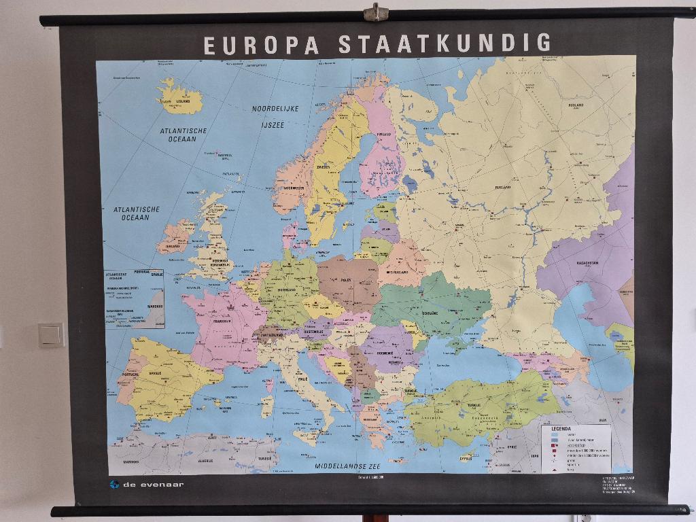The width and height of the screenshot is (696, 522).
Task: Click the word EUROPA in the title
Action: pyautogui.click(x=261, y=44)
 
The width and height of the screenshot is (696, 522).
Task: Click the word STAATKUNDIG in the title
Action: pyautogui.click(x=445, y=43)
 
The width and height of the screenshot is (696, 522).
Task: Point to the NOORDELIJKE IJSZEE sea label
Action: pyautogui.click(x=275, y=116)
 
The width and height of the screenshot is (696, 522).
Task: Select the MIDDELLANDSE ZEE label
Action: pyautogui.click(x=347, y=467)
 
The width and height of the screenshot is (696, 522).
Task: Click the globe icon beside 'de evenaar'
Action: pyautogui.click(x=114, y=485)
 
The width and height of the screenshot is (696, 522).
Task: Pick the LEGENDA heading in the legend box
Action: pyautogui.click(x=561, y=429)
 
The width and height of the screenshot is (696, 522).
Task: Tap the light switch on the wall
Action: pyautogui.click(x=51, y=334)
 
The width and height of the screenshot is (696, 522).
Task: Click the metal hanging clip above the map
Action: pyautogui.click(x=375, y=12)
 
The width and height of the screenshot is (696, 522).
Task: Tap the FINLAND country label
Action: pyautogui.click(x=384, y=135)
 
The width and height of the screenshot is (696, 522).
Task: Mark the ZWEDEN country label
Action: pyautogui.click(x=324, y=166)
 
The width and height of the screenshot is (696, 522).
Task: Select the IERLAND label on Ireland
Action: pyautogui.click(x=173, y=247)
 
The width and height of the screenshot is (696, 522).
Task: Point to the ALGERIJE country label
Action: pyautogui.click(x=205, y=460)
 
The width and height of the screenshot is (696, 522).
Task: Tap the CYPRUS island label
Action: pyautogui.click(x=466, y=458)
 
